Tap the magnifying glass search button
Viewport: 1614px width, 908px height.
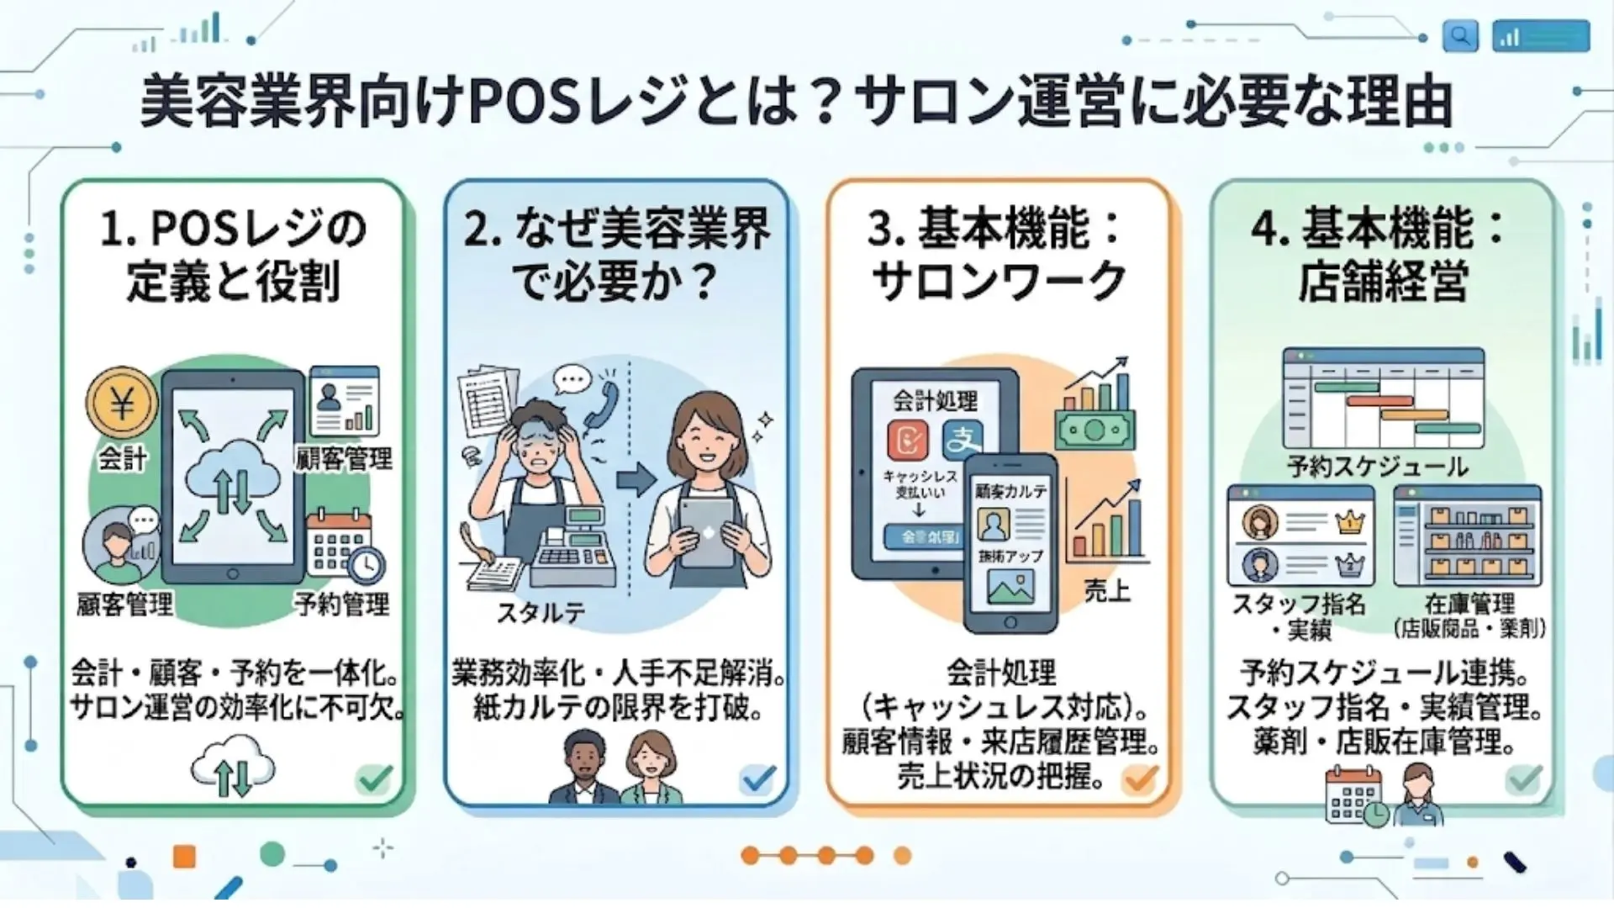point(1460,36)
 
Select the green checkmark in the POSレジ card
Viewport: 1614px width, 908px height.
point(375,779)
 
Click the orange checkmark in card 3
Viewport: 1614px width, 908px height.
point(1141,779)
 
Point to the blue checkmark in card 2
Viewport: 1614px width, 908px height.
point(757,779)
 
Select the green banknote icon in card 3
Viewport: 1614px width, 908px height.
point(1094,430)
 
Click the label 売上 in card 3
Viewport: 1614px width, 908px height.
point(1107,591)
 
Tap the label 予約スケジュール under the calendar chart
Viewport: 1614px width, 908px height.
point(1378,467)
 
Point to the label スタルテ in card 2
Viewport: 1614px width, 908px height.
point(540,613)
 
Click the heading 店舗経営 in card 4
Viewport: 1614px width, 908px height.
point(1383,282)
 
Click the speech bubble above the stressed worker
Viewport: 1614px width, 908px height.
point(573,380)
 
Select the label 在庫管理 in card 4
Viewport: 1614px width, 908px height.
point(1469,604)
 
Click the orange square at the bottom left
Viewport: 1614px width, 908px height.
point(184,857)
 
